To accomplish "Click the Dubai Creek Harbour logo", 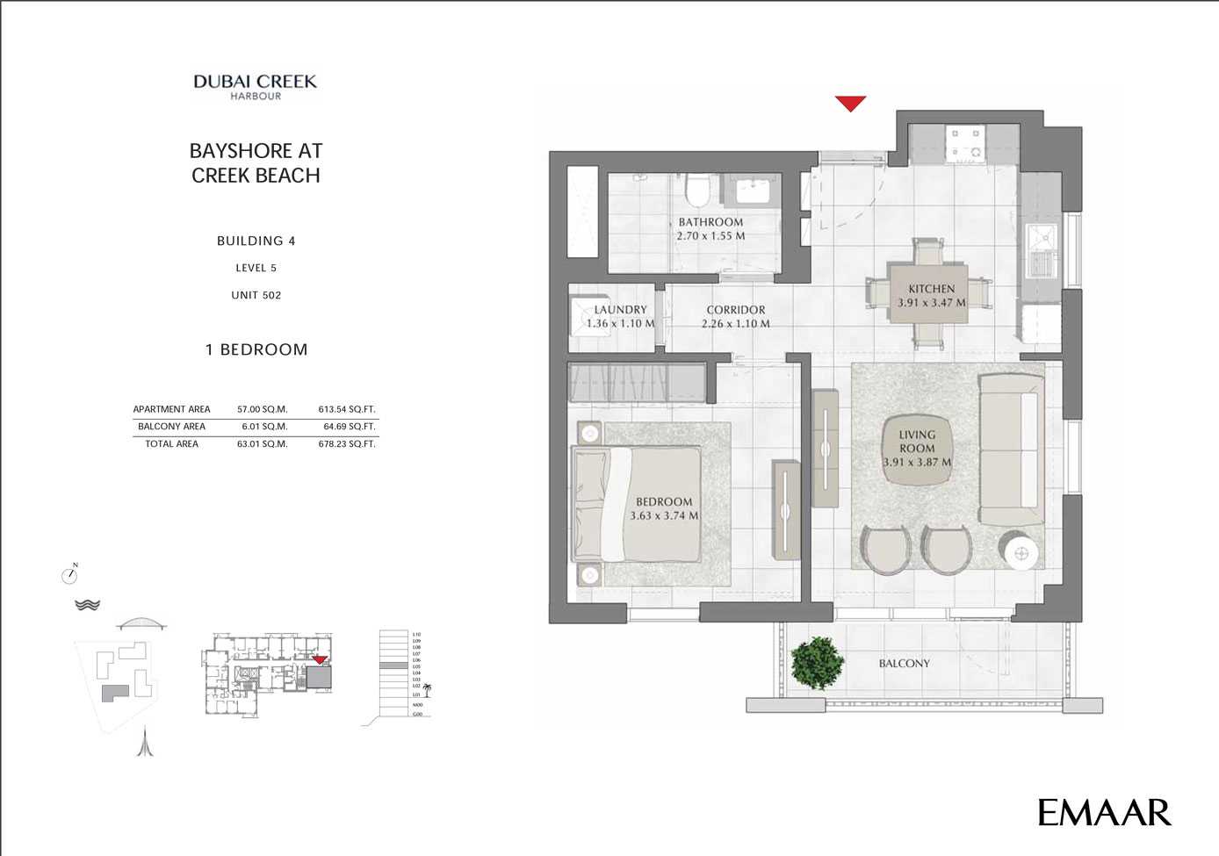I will [x=256, y=86].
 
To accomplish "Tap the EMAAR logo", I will [x=1104, y=813].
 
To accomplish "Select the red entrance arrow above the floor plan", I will [x=850, y=104].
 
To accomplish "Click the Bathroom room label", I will [x=710, y=222].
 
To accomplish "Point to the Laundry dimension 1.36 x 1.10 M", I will [x=620, y=323].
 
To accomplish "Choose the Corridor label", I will [x=736, y=310].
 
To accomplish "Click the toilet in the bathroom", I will [x=698, y=190].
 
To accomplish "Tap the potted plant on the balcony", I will [x=817, y=663].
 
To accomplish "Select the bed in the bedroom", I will [x=637, y=504].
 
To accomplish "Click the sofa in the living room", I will [x=1011, y=450].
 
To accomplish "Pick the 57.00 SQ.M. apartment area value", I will [x=262, y=409].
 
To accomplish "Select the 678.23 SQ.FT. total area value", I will [x=346, y=444].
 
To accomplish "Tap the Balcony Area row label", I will [x=171, y=427].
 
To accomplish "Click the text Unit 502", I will [x=256, y=295].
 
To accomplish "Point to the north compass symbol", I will [x=70, y=575].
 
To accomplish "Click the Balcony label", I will [x=904, y=664].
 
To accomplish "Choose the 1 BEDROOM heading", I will [x=256, y=349].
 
